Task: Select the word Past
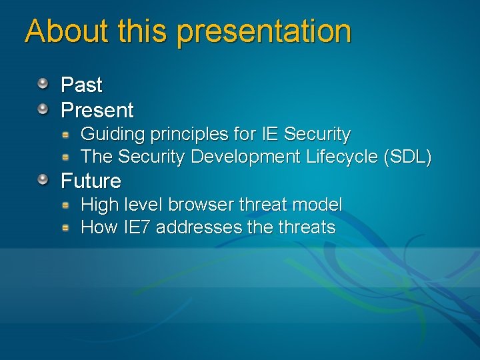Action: point(81,85)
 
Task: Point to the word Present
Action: point(97,110)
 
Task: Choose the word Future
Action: point(91,181)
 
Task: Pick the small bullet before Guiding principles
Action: point(66,134)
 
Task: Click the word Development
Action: point(246,157)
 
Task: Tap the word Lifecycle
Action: point(342,157)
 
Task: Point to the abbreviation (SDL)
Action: point(407,157)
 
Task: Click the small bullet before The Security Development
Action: point(66,157)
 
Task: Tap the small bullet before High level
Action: point(66,204)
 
